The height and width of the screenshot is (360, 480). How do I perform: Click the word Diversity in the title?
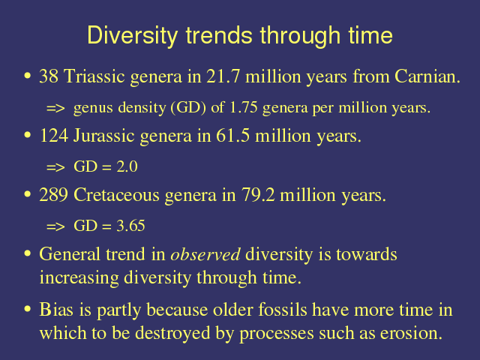tap(133, 35)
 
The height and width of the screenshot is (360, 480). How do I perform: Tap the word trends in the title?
tap(219, 35)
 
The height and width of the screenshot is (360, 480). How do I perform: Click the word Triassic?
tap(94, 76)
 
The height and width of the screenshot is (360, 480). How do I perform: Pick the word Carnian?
tap(427, 76)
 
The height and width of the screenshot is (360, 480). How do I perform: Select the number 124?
tap(54, 135)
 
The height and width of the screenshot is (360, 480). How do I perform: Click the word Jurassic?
tap(104, 135)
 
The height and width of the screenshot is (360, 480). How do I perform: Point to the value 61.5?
tap(232, 135)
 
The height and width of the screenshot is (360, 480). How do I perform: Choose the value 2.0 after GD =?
tap(127, 166)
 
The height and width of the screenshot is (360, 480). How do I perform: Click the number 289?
tap(53, 195)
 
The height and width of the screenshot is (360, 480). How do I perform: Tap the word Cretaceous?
tap(116, 195)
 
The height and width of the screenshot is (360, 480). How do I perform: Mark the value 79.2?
tap(258, 195)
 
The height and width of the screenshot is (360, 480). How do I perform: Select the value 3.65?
tap(130, 226)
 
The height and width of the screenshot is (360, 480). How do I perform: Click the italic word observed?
tap(205, 254)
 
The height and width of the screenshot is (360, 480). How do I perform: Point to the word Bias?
tap(56, 309)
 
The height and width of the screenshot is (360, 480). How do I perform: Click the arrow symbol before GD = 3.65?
tap(55, 226)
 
